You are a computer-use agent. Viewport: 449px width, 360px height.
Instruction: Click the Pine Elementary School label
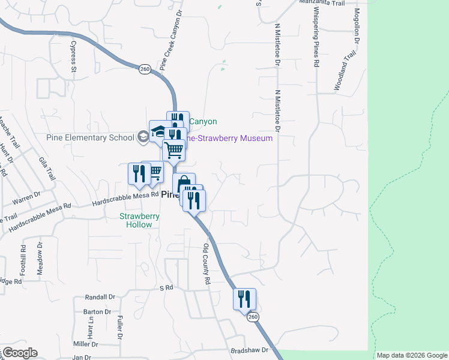[90, 137]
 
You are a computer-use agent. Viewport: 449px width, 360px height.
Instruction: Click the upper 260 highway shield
[145, 69]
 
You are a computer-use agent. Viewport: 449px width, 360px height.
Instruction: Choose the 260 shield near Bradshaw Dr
[253, 316]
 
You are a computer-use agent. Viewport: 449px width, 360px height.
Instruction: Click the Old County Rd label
[206, 264]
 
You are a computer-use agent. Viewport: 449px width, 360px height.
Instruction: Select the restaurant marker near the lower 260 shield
[244, 298]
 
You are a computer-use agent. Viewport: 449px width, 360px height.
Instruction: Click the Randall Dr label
[100, 297]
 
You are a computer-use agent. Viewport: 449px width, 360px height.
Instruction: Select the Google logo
[19, 353]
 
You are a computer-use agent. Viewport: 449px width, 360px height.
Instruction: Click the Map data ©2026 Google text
[411, 355]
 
